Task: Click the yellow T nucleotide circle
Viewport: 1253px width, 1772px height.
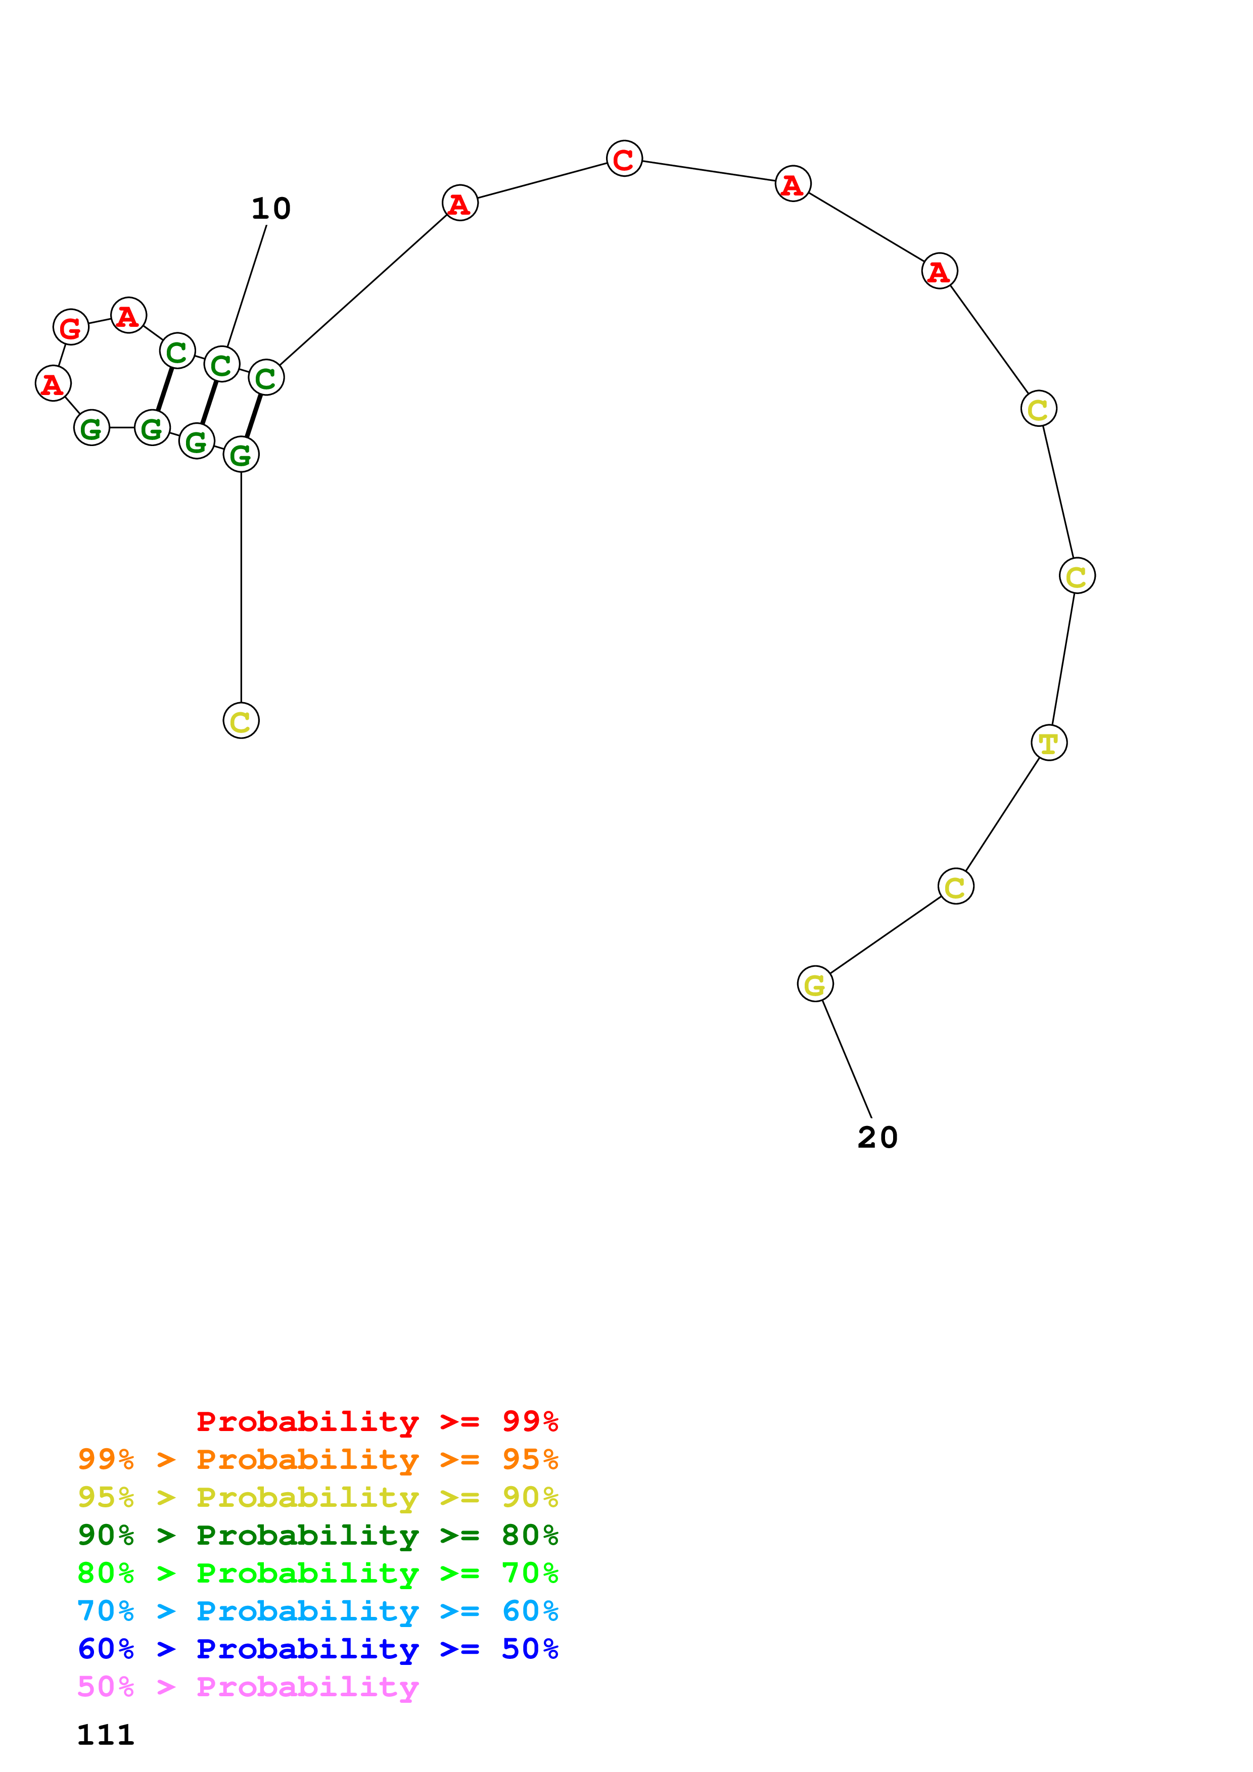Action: pyautogui.click(x=1048, y=743)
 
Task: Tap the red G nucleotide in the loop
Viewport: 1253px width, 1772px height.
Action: pyautogui.click(x=71, y=327)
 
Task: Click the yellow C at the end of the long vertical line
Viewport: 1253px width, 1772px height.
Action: pyautogui.click(x=241, y=720)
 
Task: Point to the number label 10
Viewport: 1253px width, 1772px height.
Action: pyautogui.click(x=271, y=209)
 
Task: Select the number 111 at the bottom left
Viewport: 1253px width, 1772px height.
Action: pyautogui.click(x=106, y=1735)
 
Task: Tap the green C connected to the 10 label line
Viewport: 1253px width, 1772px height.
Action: pyautogui.click(x=221, y=364)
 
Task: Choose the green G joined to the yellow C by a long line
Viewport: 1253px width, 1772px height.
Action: pyautogui.click(x=241, y=455)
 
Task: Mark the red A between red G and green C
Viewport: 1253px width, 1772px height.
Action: pyautogui.click(x=128, y=315)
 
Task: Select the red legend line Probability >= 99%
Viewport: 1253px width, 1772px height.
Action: pyautogui.click(x=377, y=1421)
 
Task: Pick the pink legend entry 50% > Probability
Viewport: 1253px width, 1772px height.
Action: pyautogui.click(x=248, y=1687)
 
